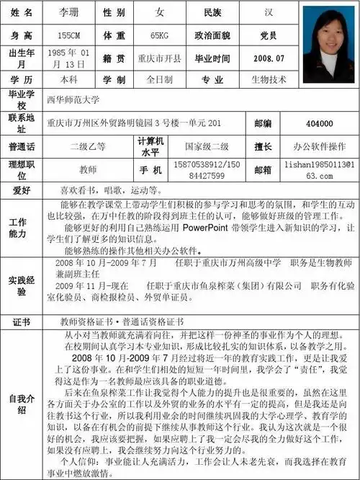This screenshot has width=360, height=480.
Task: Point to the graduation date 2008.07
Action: [270, 58]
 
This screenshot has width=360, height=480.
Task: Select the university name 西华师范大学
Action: [73, 100]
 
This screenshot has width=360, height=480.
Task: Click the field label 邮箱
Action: [263, 169]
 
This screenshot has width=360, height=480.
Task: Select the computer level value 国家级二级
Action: [207, 146]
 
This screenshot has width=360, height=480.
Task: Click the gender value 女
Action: [159, 13]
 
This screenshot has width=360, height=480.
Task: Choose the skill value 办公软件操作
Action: [319, 146]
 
